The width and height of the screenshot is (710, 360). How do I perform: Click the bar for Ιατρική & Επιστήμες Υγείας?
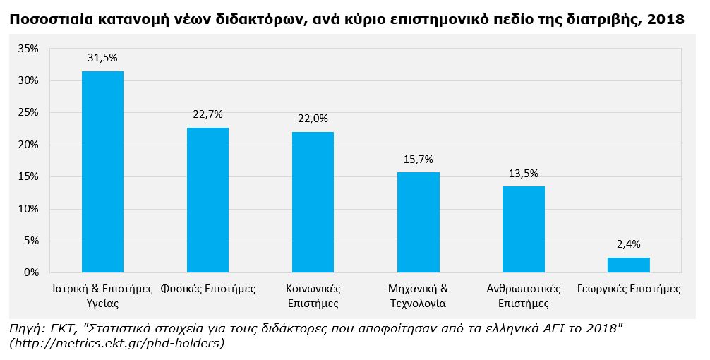pos(102,172)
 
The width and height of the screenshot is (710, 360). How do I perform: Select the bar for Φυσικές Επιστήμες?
pos(207,200)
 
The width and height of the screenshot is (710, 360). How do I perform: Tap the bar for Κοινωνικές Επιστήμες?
pos(313,203)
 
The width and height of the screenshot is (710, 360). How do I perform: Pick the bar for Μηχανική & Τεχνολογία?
pos(418,222)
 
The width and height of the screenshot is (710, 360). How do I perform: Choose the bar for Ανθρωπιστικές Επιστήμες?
pos(523,229)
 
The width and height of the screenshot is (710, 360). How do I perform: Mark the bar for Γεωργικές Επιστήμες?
pos(628,265)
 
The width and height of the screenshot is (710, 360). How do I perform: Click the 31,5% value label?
pos(102,58)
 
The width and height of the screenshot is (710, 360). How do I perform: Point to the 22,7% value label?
pos(207,114)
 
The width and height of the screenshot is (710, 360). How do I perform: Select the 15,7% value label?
pos(418,159)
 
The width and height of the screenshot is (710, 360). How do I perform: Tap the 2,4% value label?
pos(628,244)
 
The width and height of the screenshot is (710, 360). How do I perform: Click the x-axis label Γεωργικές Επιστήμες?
pos(628,289)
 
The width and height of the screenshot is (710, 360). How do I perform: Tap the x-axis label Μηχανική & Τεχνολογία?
pos(418,296)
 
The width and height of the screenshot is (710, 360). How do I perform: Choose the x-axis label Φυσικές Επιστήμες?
pos(207,289)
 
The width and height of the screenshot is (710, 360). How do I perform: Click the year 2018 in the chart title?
pos(667,20)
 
